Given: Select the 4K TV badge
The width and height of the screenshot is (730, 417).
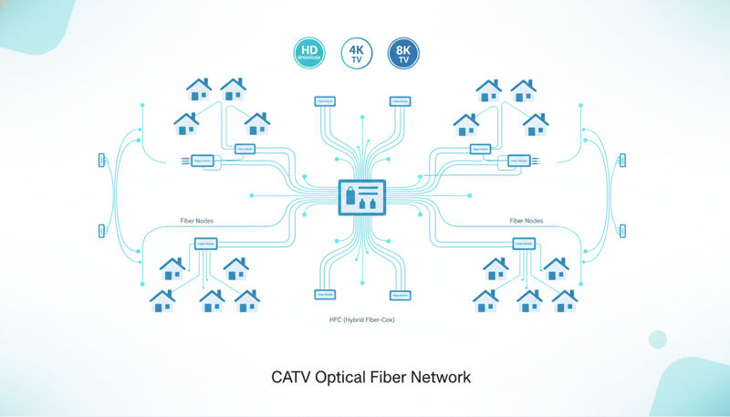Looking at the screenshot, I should pos(357,53).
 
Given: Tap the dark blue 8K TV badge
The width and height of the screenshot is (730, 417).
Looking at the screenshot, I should pos(403,53).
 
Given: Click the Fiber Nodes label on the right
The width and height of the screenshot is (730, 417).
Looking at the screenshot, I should pos(527,220).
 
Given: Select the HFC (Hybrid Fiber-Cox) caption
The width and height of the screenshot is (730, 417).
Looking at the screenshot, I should pos(362,320).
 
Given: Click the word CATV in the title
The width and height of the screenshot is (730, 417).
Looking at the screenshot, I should pos(291,376).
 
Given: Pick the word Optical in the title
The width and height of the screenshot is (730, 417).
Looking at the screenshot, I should pos(341,376).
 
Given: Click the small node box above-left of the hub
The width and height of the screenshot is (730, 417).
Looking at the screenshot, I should pos(324,100).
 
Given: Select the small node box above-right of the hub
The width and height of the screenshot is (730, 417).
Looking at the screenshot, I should pos(400,100).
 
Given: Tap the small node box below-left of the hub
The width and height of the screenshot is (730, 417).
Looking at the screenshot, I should pos(324,295).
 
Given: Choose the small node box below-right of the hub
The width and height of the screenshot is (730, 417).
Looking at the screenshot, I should pos(400,295).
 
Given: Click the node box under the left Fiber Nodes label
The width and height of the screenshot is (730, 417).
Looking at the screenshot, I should pos(205,244).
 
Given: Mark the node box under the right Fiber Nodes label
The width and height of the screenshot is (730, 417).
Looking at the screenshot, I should pos(524,244).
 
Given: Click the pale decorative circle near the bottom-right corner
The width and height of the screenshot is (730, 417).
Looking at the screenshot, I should pos(658,339).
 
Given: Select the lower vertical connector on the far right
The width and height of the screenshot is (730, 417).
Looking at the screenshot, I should pos(622,230).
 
